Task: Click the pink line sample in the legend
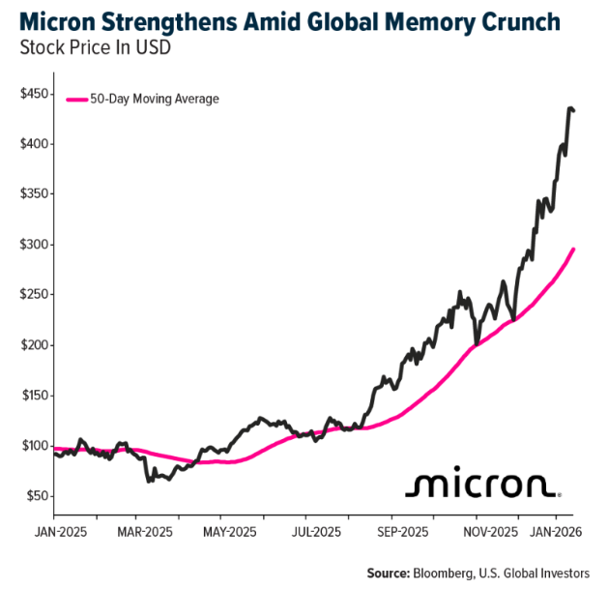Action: tap(76, 99)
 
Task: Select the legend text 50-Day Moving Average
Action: tap(155, 99)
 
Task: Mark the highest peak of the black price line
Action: tap(570, 107)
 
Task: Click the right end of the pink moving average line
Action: tap(574, 250)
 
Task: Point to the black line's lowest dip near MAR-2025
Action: tap(149, 480)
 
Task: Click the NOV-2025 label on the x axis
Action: tap(487, 532)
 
